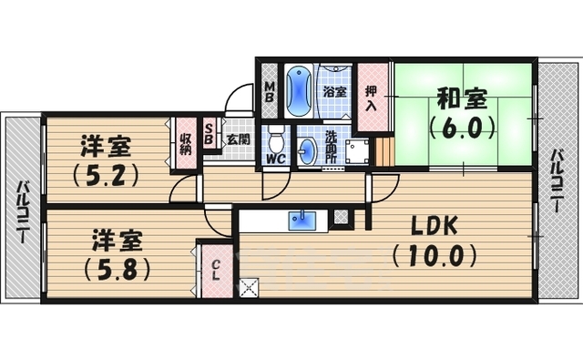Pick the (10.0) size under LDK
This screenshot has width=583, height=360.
[435, 255]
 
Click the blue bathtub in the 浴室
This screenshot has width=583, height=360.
[300, 91]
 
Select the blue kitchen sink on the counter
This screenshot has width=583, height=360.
[301, 221]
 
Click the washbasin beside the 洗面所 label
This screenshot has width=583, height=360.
[308, 151]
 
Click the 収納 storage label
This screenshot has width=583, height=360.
[186, 143]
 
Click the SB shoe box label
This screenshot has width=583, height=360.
[209, 134]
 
